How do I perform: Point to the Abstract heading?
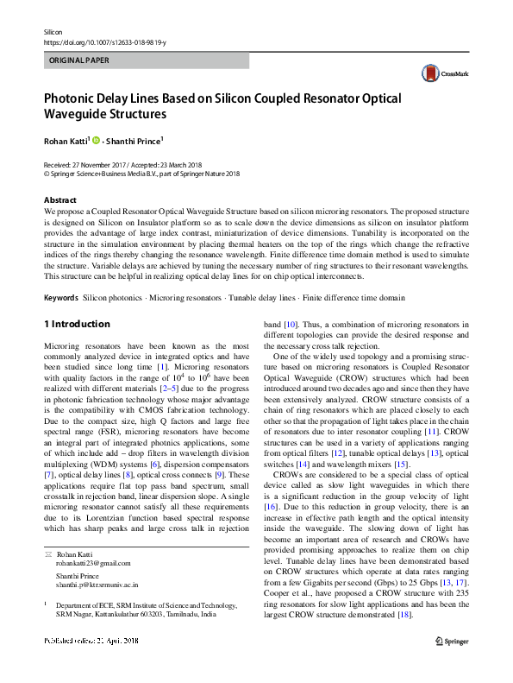coord(59,199)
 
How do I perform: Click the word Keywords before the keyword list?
coord(60,297)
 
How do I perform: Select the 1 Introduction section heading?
coord(77,324)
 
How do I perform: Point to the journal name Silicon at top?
coord(53,31)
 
